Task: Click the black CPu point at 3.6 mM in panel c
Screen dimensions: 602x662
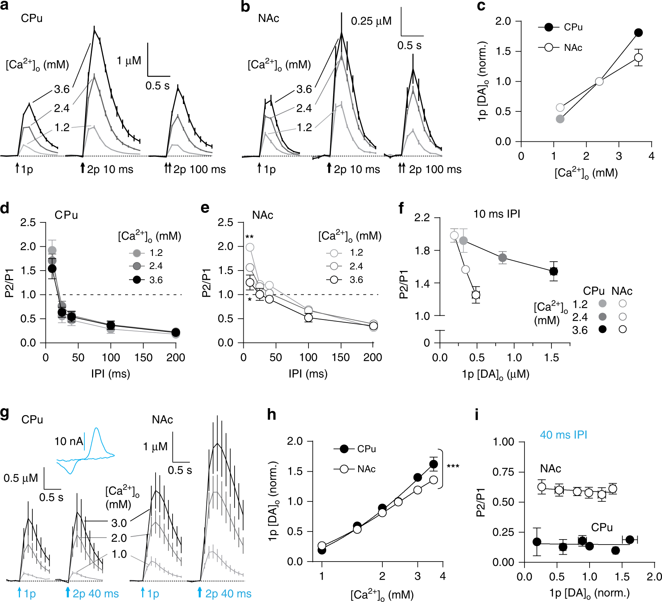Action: click(638, 33)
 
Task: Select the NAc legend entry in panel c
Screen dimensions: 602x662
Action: click(573, 47)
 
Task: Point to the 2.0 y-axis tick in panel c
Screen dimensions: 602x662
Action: click(503, 21)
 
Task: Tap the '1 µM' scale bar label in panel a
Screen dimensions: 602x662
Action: click(129, 61)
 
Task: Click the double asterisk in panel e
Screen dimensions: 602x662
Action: click(250, 237)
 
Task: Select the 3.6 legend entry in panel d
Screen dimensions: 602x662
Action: click(156, 280)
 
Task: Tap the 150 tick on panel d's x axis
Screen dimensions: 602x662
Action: click(143, 358)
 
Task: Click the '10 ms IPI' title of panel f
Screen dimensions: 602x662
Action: click(496, 214)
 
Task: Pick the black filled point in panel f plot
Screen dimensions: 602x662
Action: click(553, 271)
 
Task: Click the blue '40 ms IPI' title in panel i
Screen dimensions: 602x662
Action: click(563, 435)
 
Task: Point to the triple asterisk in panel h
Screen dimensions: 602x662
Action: click(453, 467)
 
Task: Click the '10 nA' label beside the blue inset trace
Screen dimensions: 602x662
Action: click(69, 441)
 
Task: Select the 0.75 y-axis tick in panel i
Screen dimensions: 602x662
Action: click(504, 472)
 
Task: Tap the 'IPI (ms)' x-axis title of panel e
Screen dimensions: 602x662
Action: click(308, 373)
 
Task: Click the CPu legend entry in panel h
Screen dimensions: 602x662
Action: click(366, 449)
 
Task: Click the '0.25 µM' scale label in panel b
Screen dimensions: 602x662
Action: click(371, 21)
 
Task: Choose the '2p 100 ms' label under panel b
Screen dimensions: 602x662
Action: click(435, 169)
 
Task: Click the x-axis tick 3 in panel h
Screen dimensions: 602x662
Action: click(417, 576)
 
